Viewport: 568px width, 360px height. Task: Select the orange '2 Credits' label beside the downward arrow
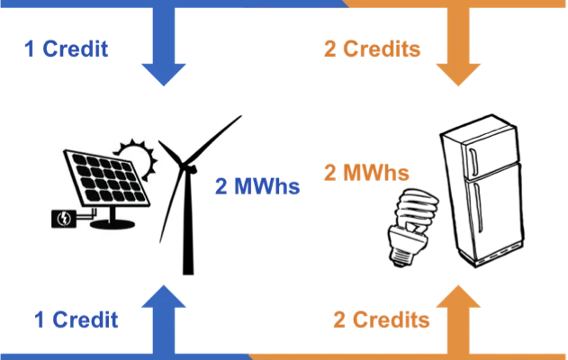[372, 49]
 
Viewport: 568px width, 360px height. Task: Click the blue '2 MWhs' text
[257, 186]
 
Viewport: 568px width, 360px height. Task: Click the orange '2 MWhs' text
[365, 173]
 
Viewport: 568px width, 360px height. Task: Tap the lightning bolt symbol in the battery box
[66, 218]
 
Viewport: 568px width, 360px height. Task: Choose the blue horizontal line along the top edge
[171, 3]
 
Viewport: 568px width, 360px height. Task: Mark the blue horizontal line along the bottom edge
[126, 357]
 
